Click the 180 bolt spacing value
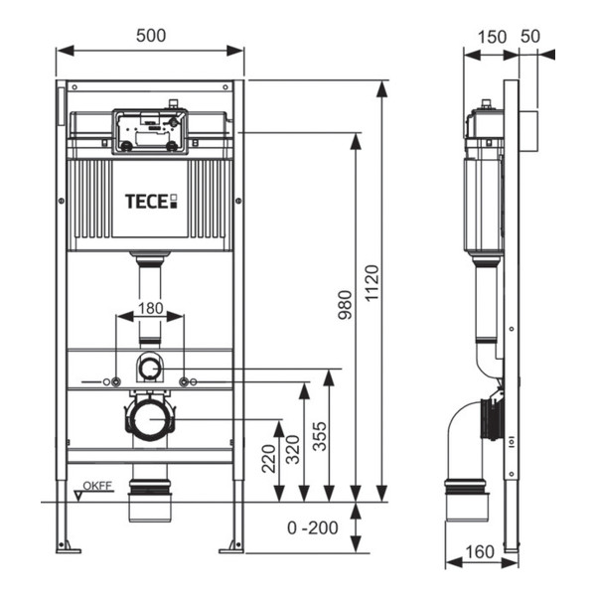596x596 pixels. point(150,308)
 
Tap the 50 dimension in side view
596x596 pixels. point(529,37)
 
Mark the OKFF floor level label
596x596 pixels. point(97,487)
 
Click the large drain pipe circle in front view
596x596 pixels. point(150,417)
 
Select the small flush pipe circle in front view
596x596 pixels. point(150,369)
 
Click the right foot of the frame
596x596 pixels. point(233,543)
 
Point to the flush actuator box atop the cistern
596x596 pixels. point(149,130)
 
